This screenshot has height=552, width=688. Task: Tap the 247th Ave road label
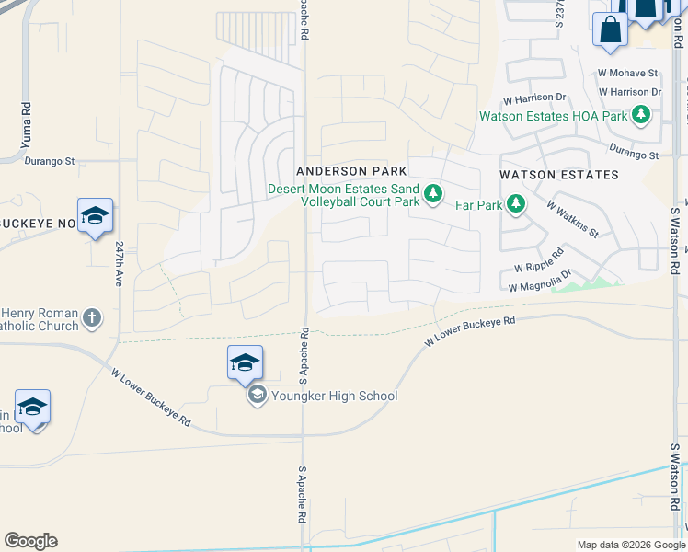120,264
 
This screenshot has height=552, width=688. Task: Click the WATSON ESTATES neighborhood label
558,174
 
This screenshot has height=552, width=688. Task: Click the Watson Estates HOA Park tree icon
640,116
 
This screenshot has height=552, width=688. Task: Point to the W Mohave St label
627,73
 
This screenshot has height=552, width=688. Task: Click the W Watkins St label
572,220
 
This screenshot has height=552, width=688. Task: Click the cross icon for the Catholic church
91,319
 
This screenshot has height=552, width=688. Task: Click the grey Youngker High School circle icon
256,397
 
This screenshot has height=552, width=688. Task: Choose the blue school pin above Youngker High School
245,362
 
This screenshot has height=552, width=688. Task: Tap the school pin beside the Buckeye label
95,216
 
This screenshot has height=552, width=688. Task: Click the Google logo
30,541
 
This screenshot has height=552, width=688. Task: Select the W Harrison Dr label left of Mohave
533,98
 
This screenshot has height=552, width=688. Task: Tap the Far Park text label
478,205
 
